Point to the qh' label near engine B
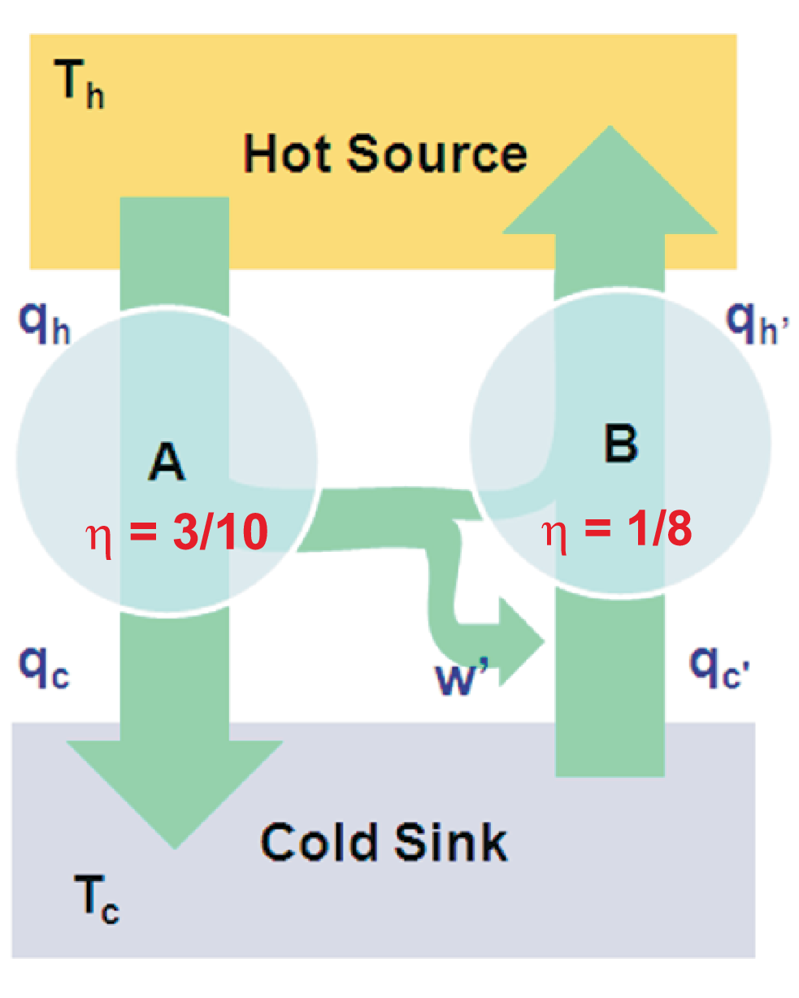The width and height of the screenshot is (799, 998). tap(757, 323)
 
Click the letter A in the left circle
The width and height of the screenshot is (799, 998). tap(167, 463)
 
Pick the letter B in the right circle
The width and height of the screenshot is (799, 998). tap(621, 444)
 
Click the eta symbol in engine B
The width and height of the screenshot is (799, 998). tap(554, 533)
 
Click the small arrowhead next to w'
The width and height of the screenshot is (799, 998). tap(520, 642)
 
